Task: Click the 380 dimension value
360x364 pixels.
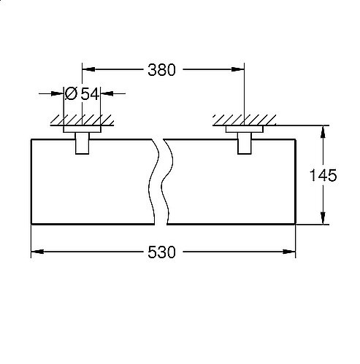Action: (x=161, y=70)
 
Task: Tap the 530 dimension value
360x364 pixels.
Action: (x=161, y=252)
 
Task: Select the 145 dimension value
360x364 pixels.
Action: (x=323, y=175)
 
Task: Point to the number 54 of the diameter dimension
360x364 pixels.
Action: (x=90, y=94)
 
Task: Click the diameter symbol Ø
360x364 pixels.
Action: (x=71, y=93)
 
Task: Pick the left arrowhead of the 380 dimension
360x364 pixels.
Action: (x=88, y=69)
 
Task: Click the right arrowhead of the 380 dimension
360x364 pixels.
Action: (x=237, y=69)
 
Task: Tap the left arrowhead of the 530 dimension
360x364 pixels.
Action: (x=38, y=252)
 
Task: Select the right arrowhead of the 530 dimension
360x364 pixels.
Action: (x=289, y=252)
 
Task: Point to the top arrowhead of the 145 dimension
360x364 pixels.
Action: (x=323, y=132)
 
